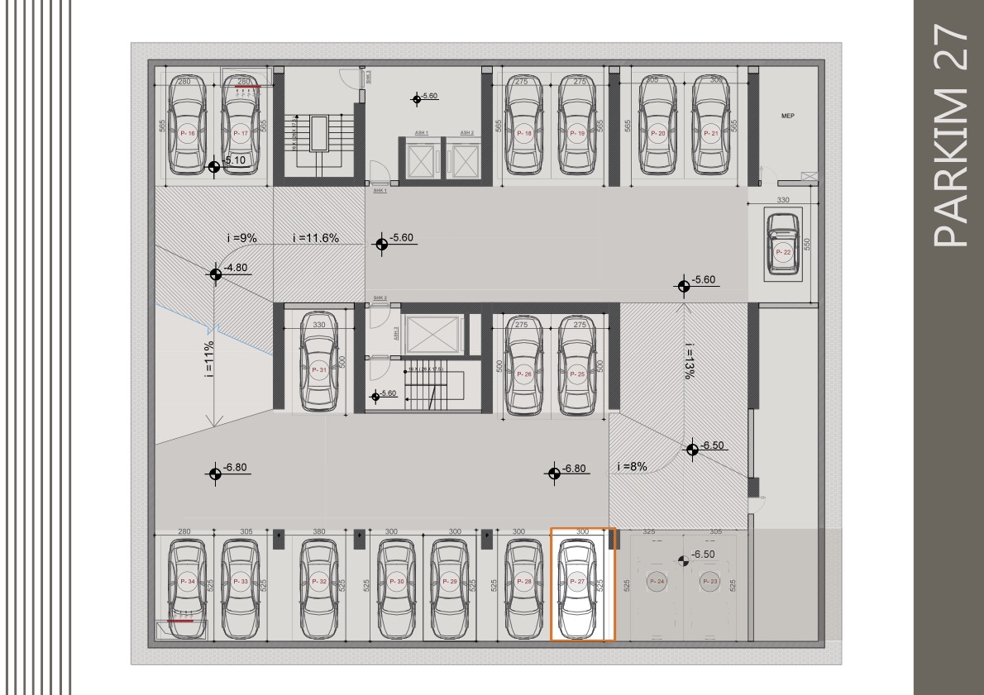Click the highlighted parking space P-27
[582, 583]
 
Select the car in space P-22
[781, 243]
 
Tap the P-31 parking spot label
[318, 371]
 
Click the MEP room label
[787, 117]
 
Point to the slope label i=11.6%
[315, 238]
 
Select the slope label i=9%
[241, 238]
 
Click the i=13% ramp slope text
[688, 360]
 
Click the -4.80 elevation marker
[215, 274]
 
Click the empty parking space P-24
[657, 582]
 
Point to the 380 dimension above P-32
[319, 531]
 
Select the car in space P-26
[523, 364]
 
